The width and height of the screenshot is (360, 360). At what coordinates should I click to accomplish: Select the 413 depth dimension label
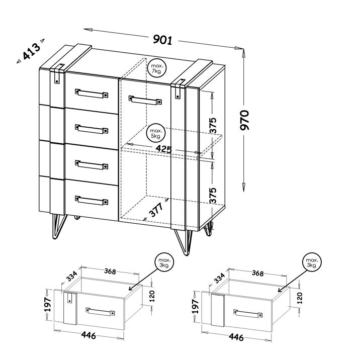[x=31, y=52]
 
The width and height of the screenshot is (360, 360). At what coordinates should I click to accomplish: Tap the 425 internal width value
[x=163, y=149]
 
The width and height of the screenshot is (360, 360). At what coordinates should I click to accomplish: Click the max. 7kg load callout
[x=157, y=68]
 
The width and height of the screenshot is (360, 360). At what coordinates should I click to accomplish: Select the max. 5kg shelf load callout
[x=156, y=133]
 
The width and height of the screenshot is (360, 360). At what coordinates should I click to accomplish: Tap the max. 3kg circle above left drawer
[x=164, y=262]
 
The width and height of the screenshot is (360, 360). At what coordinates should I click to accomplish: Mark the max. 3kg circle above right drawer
[x=311, y=262]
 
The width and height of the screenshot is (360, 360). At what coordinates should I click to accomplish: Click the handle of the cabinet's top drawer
[x=92, y=94]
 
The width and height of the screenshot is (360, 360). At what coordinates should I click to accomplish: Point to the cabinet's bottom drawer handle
[x=92, y=200]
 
